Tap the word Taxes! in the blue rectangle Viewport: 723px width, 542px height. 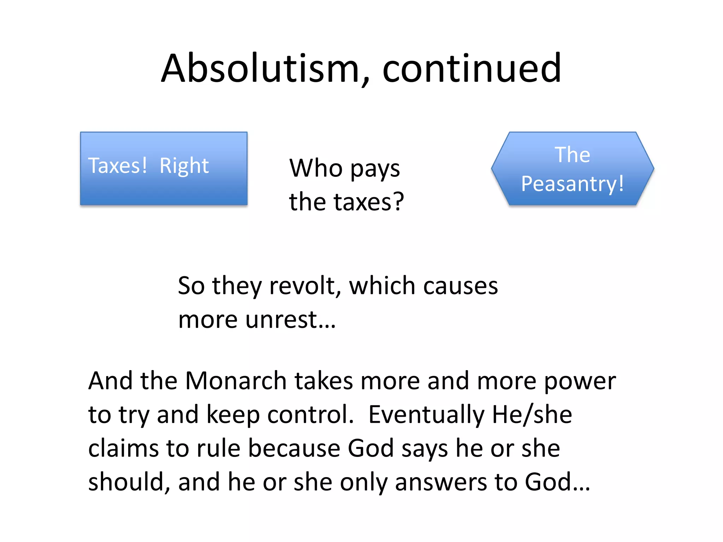[x=118, y=165]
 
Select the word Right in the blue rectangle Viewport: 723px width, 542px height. [x=184, y=165]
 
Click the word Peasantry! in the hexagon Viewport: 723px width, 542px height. [x=572, y=184]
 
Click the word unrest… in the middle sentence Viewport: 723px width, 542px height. [x=291, y=320]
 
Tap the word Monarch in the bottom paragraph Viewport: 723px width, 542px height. [x=236, y=381]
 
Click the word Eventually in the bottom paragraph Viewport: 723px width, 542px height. [x=426, y=415]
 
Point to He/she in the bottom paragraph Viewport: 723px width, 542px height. [x=532, y=415]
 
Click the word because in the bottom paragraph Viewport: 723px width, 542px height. [x=294, y=448]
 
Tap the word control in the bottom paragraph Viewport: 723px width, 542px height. [x=310, y=415]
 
